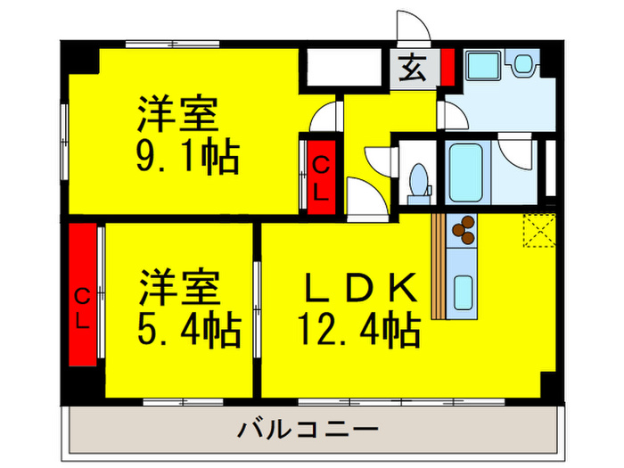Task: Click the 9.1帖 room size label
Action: click(186, 158)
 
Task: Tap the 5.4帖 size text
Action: click(188, 332)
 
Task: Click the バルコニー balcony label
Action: click(308, 431)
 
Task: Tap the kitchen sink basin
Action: click(464, 291)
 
